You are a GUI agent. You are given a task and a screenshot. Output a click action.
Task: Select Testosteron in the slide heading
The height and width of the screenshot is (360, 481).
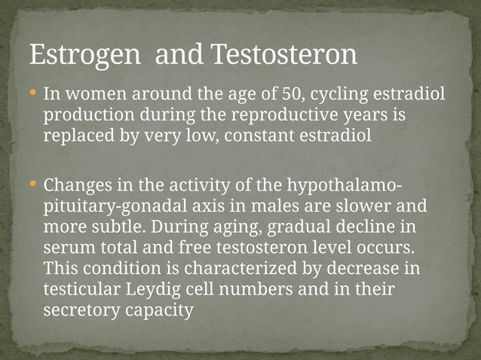283,54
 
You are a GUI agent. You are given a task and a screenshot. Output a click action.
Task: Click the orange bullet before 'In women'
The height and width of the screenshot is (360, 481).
32,95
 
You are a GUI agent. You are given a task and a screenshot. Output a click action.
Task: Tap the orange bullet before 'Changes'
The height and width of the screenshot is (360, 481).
32,184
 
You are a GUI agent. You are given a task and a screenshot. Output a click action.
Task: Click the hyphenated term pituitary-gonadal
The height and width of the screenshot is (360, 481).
111,206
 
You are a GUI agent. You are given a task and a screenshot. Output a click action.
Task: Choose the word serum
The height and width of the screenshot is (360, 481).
70,247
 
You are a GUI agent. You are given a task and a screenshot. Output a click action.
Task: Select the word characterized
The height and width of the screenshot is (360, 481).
242,268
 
